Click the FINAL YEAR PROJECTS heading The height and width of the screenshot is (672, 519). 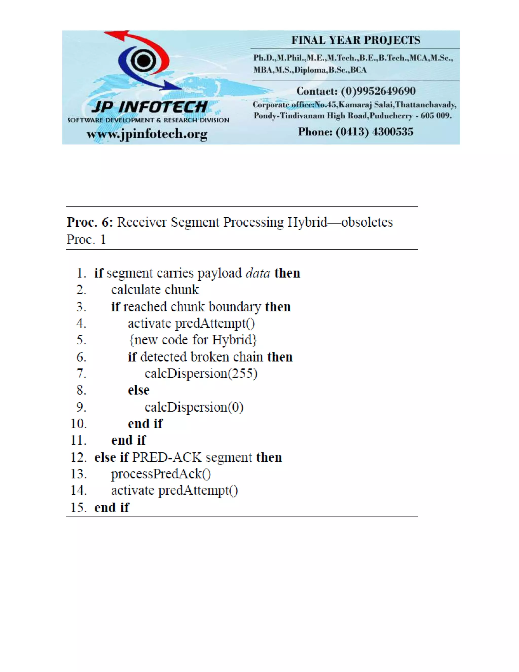coord(356,40)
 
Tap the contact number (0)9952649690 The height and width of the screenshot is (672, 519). coord(378,91)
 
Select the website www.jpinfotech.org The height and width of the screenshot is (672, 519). coord(147,134)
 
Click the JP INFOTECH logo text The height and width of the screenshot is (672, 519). coord(150,107)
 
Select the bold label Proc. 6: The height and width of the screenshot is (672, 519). coord(90,222)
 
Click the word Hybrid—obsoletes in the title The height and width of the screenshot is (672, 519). coord(340,222)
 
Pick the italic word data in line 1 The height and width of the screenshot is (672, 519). coord(257,273)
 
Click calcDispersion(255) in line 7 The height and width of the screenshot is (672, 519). coord(201,374)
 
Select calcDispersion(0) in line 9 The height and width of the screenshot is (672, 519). coord(194,407)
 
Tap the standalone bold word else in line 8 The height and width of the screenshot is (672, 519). coord(139,390)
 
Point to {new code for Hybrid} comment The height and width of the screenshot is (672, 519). coord(193,340)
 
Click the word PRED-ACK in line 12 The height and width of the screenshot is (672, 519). coord(167,457)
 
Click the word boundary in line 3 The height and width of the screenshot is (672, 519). coord(235,307)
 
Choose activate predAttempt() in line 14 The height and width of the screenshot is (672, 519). coord(174,490)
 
